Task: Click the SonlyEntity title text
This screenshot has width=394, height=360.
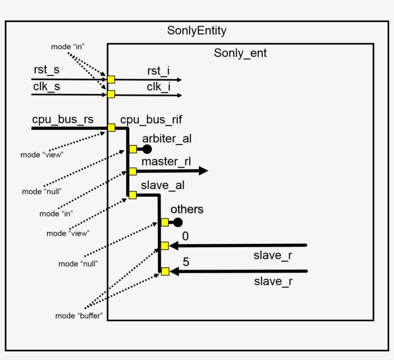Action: pyautogui.click(x=197, y=31)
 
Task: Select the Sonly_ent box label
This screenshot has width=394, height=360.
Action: pyautogui.click(x=240, y=53)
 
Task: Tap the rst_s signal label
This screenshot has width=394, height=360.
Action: pyautogui.click(x=47, y=70)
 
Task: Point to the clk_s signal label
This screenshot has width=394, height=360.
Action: pyautogui.click(x=47, y=86)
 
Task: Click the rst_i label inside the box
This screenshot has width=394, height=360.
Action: pyautogui.click(x=158, y=71)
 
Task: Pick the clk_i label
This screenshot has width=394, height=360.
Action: pyautogui.click(x=158, y=87)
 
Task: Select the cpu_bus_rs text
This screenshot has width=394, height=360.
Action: pyautogui.click(x=63, y=120)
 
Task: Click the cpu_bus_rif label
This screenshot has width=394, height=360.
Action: pyautogui.click(x=151, y=120)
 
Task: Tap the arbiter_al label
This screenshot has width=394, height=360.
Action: pyautogui.click(x=167, y=139)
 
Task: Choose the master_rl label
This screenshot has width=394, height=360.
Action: pyautogui.click(x=166, y=161)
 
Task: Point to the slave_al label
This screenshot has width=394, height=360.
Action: pyautogui.click(x=162, y=185)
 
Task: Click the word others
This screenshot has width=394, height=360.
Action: pyautogui.click(x=187, y=209)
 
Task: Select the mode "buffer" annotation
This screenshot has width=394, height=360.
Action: pyautogui.click(x=79, y=316)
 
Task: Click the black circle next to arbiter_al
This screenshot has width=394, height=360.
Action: pyautogui.click(x=147, y=149)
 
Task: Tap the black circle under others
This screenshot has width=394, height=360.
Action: pyautogui.click(x=178, y=222)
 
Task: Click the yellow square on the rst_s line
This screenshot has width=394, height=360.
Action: pyautogui.click(x=111, y=80)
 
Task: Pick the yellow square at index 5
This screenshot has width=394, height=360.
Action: pyautogui.click(x=165, y=272)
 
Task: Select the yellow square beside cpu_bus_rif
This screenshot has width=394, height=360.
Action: pyautogui.click(x=111, y=128)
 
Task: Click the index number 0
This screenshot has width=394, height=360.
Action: pyautogui.click(x=185, y=236)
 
